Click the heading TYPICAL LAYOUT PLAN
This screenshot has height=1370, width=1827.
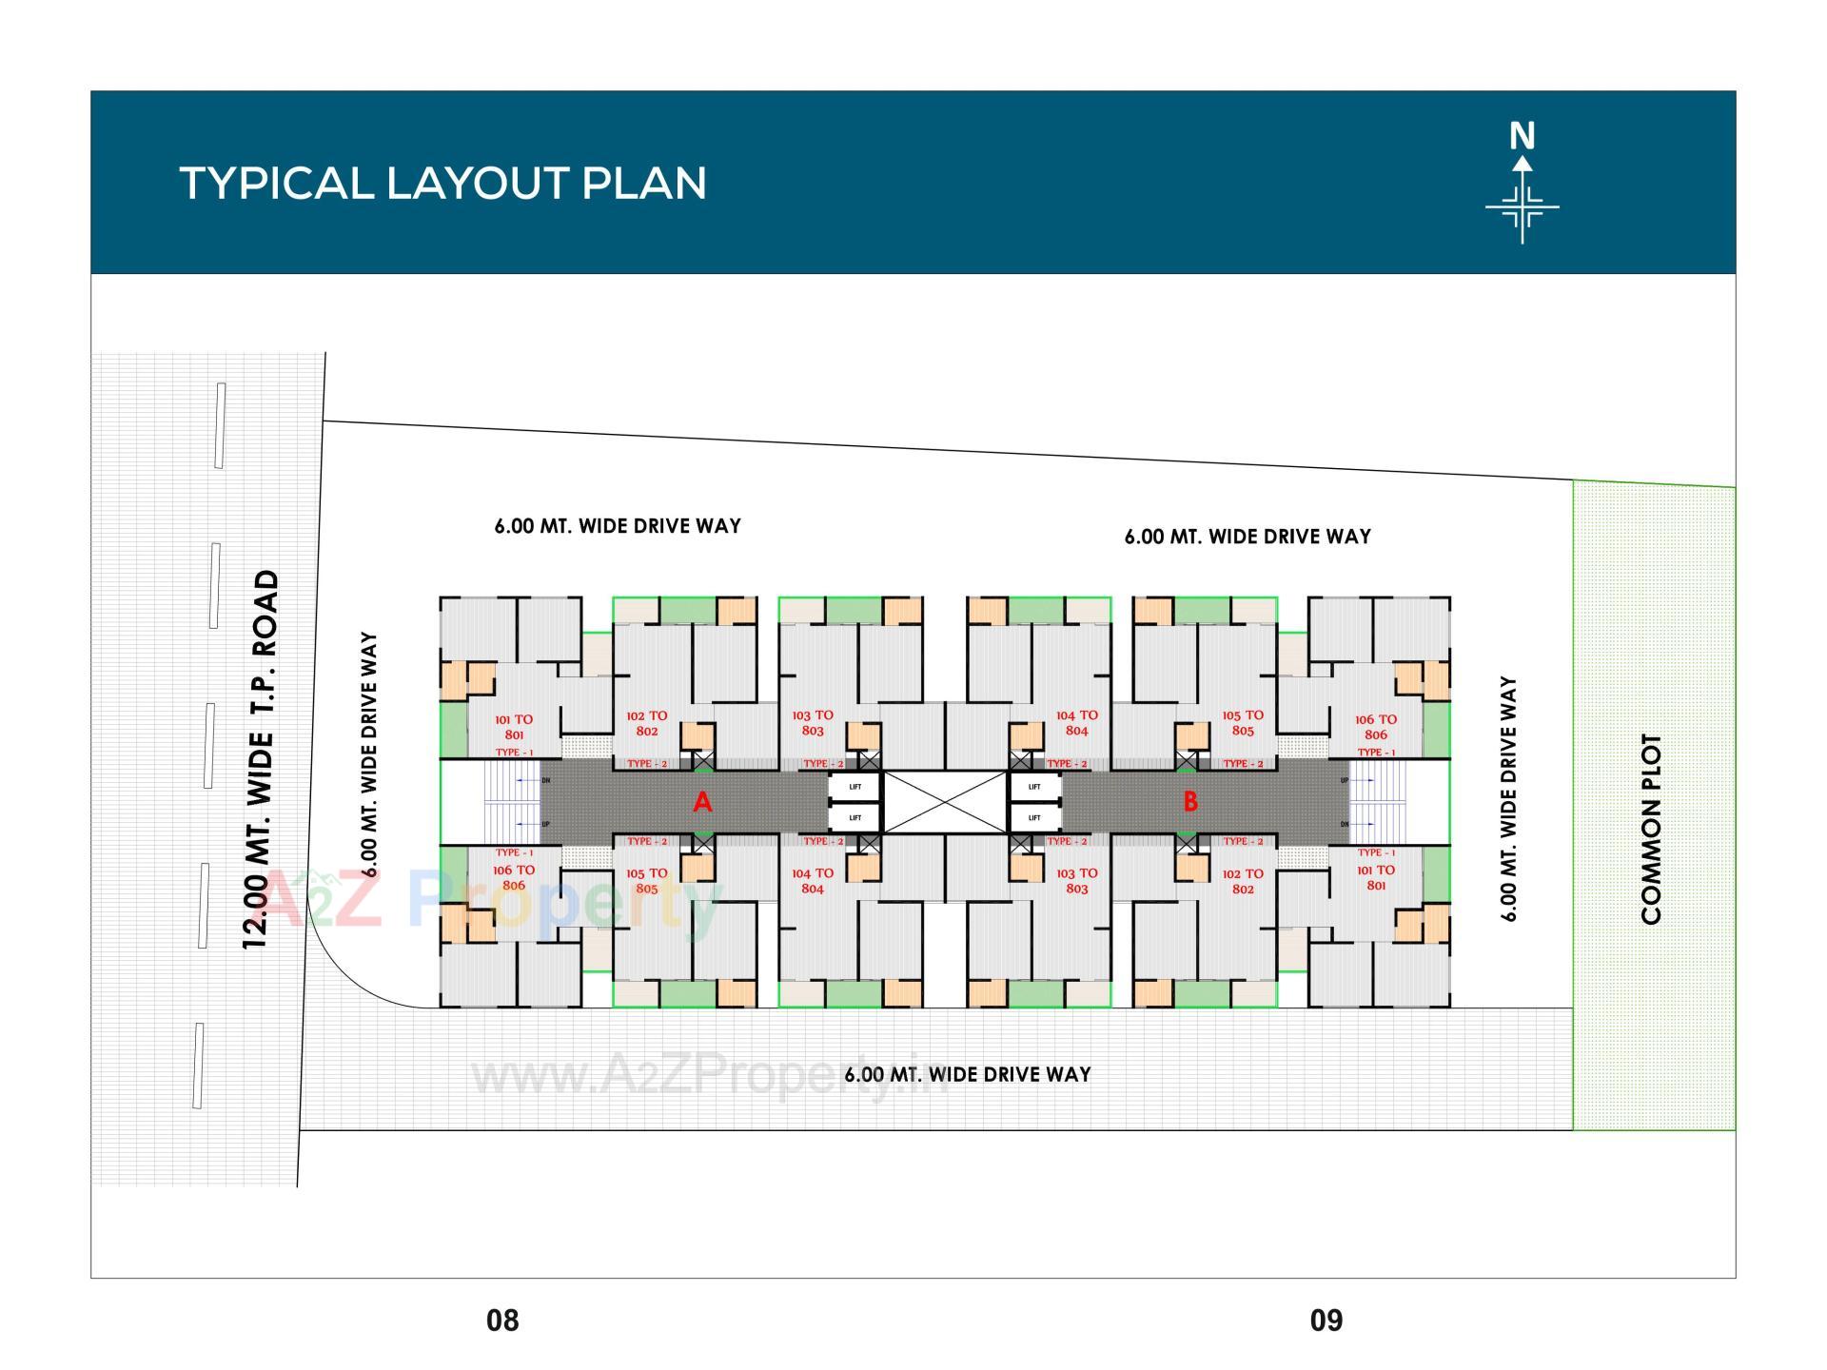[442, 183]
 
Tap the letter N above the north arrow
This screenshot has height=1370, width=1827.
[1522, 137]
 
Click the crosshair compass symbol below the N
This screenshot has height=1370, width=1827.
[1522, 206]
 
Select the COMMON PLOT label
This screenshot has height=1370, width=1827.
[1651, 829]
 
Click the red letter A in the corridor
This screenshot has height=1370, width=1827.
[702, 803]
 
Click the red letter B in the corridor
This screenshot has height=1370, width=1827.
[1190, 802]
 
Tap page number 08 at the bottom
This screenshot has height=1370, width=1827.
[502, 1321]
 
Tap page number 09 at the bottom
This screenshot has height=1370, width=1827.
[1326, 1321]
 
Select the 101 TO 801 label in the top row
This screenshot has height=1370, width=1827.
[514, 727]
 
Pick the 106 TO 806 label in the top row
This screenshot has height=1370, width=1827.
[1376, 727]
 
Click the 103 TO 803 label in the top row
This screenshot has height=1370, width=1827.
[813, 723]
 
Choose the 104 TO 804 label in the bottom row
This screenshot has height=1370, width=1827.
[813, 881]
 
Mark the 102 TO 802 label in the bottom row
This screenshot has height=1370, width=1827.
[1243, 881]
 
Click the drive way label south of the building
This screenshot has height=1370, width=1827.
[968, 1074]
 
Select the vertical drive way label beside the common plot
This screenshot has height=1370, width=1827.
[1508, 799]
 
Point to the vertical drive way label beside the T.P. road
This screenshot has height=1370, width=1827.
[370, 754]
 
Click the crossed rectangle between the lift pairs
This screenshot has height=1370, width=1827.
[945, 802]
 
